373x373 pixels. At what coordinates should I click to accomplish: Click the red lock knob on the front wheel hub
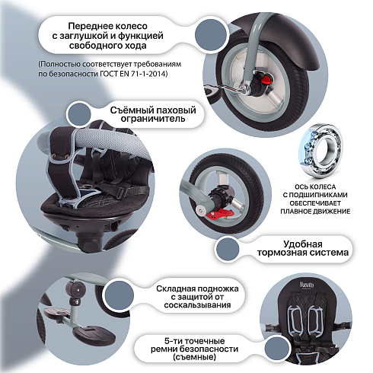tap(266, 78)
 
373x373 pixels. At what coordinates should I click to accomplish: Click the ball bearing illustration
tap(320, 151)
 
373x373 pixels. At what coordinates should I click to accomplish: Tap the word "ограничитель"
tap(153, 119)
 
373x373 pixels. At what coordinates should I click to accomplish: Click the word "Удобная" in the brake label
tap(303, 244)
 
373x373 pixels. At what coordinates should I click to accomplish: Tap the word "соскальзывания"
tap(197, 304)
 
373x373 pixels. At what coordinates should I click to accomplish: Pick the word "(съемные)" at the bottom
tap(194, 357)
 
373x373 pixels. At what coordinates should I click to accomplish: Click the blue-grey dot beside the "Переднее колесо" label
tap(211, 35)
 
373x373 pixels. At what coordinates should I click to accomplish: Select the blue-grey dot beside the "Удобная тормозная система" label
tap(228, 249)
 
